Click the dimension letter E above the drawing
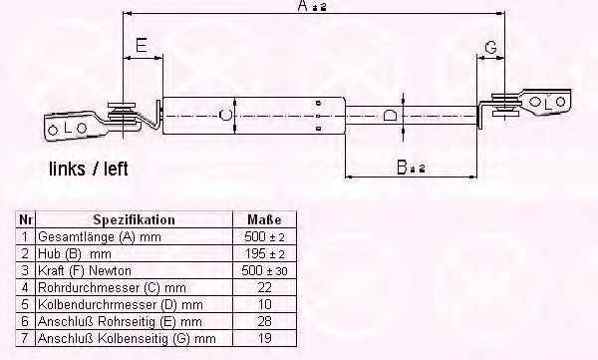[x=142, y=45]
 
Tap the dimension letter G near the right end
[x=490, y=48]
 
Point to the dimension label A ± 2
[x=312, y=7]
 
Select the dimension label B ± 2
[x=411, y=168]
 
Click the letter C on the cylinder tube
[x=226, y=114]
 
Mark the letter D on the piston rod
[x=390, y=115]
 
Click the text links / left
[x=89, y=169]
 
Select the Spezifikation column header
[x=134, y=219]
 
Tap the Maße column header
[x=264, y=219]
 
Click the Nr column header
[x=26, y=219]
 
